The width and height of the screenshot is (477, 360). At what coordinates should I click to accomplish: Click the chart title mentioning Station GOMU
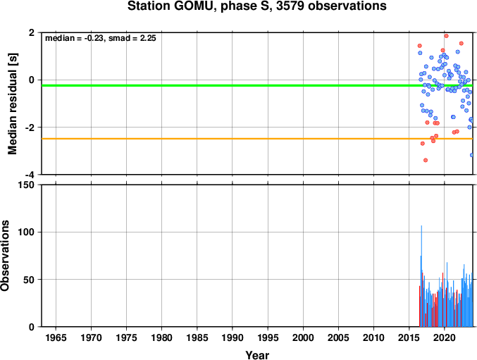pos(256,6)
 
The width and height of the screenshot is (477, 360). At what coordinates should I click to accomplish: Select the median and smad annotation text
pos(100,38)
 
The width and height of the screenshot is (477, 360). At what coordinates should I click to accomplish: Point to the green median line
pos(257,85)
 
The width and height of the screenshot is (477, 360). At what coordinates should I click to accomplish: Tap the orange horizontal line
pos(257,139)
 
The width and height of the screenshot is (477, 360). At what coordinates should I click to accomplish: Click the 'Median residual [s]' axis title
pos(13,104)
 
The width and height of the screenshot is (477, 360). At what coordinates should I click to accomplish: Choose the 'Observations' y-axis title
pos(4,256)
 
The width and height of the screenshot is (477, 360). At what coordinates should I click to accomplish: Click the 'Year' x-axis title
pos(257,355)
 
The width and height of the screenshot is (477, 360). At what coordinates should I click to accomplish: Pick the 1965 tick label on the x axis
pos(56,337)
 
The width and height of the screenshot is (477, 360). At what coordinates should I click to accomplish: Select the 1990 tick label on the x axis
pos(233,337)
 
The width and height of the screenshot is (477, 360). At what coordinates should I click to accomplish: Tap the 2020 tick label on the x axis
pos(445,337)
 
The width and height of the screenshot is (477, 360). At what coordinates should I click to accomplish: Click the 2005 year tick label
pos(338,337)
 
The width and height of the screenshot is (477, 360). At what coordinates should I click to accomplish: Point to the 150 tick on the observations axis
pos(27,185)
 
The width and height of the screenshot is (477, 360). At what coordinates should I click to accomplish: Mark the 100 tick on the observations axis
pos(27,232)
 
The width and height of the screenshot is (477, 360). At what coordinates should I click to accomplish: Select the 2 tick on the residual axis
pos(32,32)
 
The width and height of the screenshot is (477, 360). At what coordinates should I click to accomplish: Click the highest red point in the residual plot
pos(446,36)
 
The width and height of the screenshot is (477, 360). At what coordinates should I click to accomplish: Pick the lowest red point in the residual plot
pos(426,160)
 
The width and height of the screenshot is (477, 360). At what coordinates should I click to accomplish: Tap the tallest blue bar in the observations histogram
pos(421,276)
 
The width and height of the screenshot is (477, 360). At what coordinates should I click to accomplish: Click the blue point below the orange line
pos(471,155)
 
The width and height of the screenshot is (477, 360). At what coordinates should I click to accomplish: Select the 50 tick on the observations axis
pos(29,280)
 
